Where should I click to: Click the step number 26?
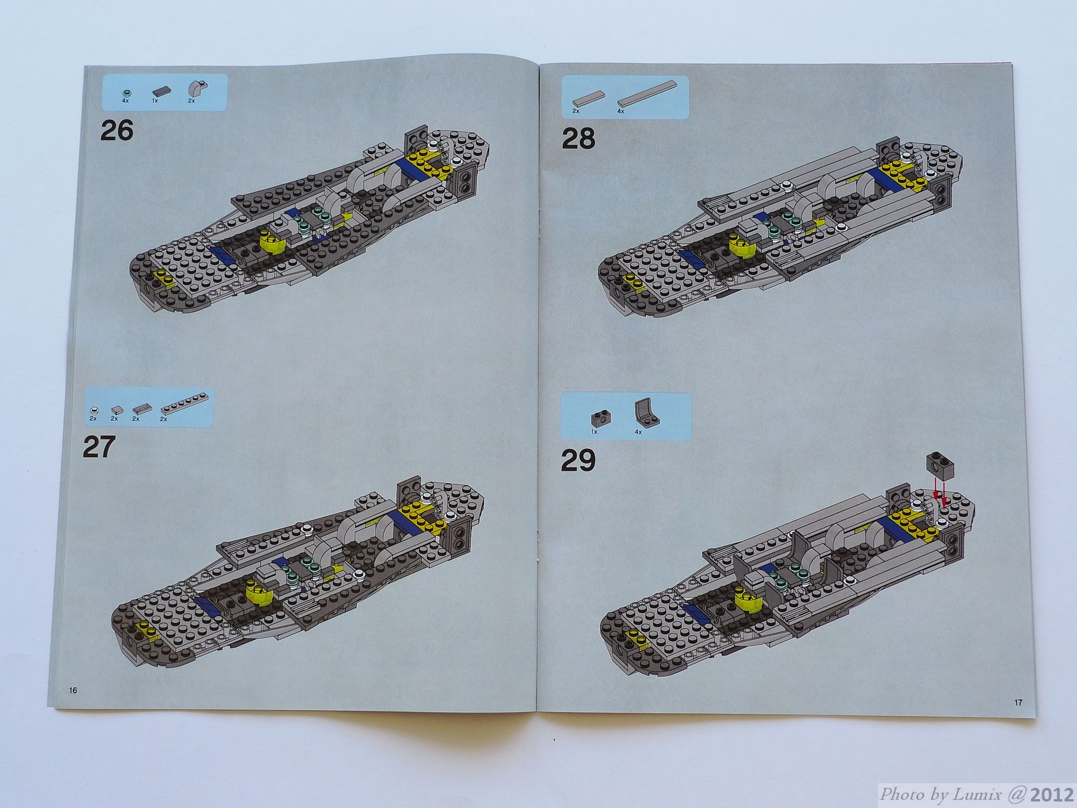(116, 130)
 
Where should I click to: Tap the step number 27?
(98, 447)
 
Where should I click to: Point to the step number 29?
(578, 461)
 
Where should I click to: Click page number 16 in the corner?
(73, 690)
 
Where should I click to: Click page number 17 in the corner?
(1018, 702)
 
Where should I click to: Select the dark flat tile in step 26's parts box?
(161, 92)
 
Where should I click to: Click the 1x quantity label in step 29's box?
(595, 432)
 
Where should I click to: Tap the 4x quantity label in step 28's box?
(621, 110)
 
